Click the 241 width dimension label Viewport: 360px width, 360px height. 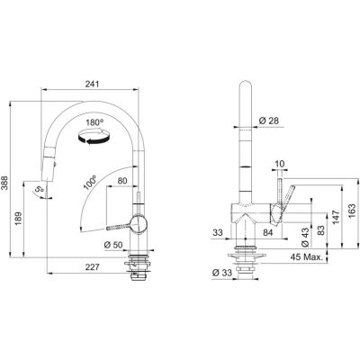point(92,85)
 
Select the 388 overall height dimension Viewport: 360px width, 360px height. point(4,183)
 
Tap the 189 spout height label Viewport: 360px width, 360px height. point(18,219)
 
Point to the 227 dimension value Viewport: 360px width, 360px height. point(92,267)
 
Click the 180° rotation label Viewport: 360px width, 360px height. point(94,122)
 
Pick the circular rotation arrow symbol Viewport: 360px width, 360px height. point(93,137)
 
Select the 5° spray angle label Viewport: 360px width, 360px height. point(39,190)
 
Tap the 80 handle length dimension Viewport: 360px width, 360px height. point(122,181)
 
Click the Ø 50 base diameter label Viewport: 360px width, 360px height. point(113,245)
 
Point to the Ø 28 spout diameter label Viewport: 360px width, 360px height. point(268,121)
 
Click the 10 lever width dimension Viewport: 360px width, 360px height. point(279,164)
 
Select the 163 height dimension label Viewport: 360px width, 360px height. point(352,211)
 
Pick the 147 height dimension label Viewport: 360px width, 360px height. point(336,217)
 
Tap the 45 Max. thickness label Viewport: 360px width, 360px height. point(307,257)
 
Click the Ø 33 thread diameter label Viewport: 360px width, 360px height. point(222,273)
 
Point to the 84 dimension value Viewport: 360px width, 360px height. point(268,232)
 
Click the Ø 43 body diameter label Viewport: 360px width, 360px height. point(305,237)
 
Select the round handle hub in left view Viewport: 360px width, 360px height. point(139,224)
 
